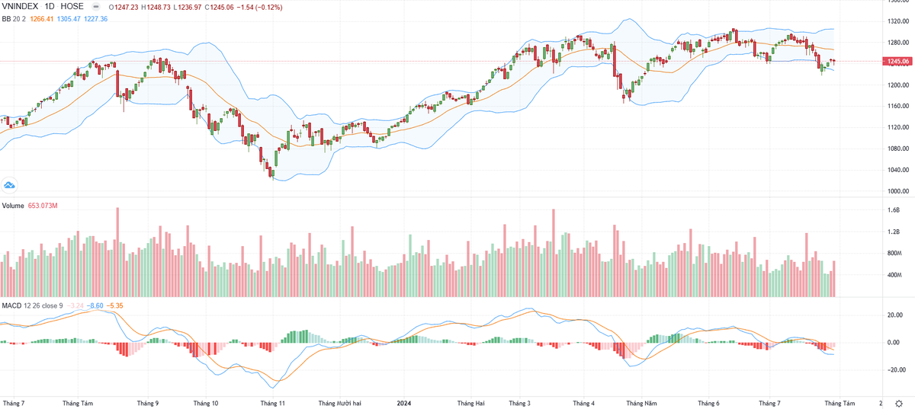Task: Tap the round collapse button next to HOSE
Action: pyautogui.click(x=95, y=6)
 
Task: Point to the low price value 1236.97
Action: pyautogui.click(x=196, y=6)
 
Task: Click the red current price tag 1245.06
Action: pyautogui.click(x=899, y=62)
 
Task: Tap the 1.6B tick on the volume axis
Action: pyautogui.click(x=894, y=209)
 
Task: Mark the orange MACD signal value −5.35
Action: pyautogui.click(x=114, y=305)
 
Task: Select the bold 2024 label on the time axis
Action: pyautogui.click(x=404, y=402)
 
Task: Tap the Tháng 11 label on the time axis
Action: pyautogui.click(x=272, y=402)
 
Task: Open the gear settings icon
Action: pyautogui.click(x=898, y=402)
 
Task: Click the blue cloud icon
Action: pyautogui.click(x=11, y=185)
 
